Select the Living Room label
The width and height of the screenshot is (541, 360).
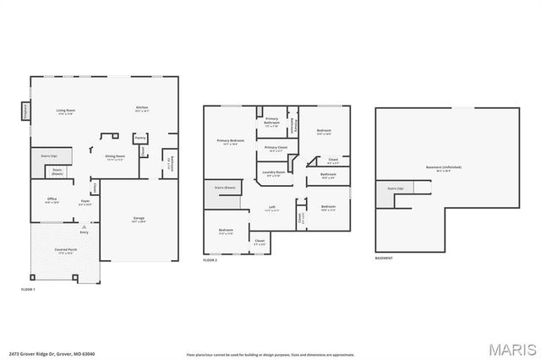(66, 111)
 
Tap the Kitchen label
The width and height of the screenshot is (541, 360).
(143, 108)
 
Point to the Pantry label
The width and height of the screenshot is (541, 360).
(140, 137)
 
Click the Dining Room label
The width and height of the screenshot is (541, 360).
(115, 157)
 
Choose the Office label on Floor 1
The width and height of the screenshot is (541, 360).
(52, 200)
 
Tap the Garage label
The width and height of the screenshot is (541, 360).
(138, 220)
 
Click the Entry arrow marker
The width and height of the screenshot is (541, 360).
(84, 226)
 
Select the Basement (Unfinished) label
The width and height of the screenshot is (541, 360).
(443, 167)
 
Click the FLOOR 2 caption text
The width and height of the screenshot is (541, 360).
(211, 260)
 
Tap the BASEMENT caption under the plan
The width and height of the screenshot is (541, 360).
(384, 259)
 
